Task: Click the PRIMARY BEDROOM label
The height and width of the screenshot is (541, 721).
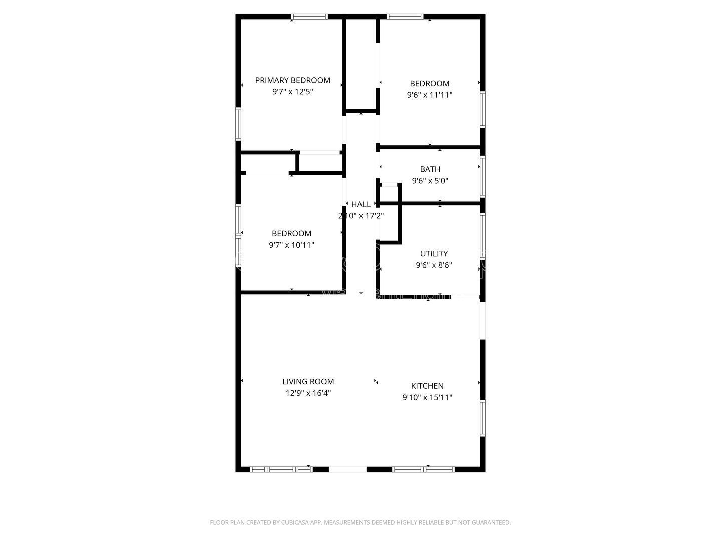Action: pos(292,80)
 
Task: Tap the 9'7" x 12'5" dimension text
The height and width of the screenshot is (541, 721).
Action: pos(292,92)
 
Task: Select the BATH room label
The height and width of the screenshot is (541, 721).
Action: pos(430,169)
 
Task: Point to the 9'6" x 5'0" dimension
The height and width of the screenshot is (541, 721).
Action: pos(430,181)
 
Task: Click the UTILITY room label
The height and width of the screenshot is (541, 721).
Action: pos(434,254)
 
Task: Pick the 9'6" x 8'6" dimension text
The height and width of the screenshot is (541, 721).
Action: pos(434,265)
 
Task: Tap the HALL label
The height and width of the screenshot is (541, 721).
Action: pos(361,204)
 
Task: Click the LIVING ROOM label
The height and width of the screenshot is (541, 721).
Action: pos(308,382)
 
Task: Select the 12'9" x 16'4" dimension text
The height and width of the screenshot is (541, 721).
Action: pos(308,393)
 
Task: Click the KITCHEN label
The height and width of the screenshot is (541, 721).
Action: pos(427,386)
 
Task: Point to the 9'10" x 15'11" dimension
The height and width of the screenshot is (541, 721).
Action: pos(427,397)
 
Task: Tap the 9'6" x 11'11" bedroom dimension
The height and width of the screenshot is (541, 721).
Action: pos(430,95)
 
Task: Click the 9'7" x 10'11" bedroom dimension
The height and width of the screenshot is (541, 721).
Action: pos(291,245)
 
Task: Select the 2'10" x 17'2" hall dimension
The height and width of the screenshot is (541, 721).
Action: pos(361,216)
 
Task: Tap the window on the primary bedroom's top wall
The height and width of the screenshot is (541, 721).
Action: pos(310,17)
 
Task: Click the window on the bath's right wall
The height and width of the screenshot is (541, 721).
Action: pos(483,176)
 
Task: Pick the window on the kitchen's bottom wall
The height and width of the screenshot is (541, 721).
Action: pos(423,469)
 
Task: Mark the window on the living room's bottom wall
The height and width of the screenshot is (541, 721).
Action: pos(281,469)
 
